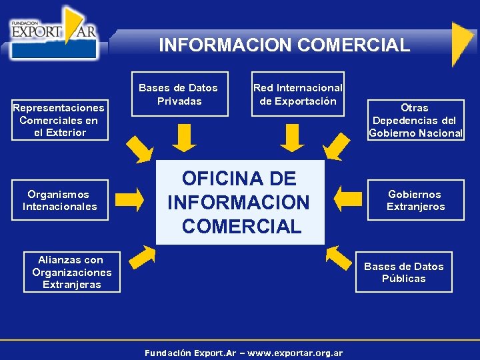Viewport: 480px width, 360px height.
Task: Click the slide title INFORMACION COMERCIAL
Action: pos(284,45)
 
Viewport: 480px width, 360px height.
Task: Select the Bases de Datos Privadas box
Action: pos(179,94)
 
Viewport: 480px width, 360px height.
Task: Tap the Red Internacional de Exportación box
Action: pos(298,94)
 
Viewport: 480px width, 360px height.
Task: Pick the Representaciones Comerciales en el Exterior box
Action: pos(59,120)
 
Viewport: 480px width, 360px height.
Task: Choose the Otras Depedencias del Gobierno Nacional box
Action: pos(415,120)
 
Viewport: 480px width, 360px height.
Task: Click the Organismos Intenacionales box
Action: pos(59,200)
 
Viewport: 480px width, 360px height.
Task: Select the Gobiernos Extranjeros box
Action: pos(415,200)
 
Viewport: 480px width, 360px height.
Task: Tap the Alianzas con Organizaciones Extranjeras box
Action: pos(72,272)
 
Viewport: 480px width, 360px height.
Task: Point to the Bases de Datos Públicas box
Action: pos(403,272)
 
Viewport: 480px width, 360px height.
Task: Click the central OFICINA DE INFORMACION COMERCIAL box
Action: pos(240,202)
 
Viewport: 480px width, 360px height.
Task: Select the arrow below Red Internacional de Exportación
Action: pos(292,139)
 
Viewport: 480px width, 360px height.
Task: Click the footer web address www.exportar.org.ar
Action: pos(295,353)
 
